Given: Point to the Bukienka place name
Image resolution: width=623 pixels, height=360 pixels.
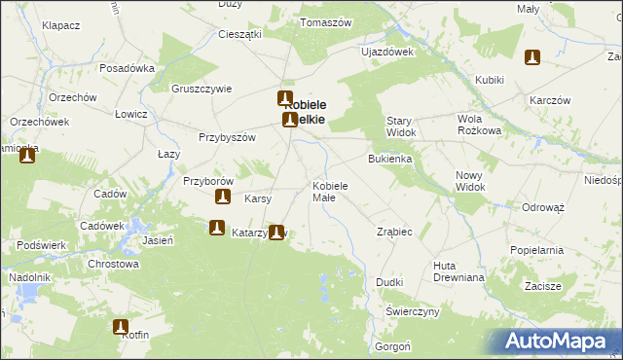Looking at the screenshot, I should click(x=390, y=158).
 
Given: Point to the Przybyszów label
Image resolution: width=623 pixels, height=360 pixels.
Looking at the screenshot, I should click(x=227, y=138).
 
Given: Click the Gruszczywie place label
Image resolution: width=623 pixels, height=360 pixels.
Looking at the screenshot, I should click(x=202, y=89).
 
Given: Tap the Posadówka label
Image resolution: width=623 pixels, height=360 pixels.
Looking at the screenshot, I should click(x=128, y=69).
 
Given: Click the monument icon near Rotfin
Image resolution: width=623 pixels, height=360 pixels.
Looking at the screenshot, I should click(x=122, y=328).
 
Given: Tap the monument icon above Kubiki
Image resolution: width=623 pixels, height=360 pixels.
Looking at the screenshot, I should click(x=531, y=58).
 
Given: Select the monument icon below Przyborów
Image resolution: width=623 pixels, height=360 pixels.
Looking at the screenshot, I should click(x=223, y=198).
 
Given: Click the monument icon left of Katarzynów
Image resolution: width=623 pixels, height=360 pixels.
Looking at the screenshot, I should click(x=216, y=229).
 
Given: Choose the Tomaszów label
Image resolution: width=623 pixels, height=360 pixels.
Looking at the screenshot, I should click(x=325, y=21).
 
